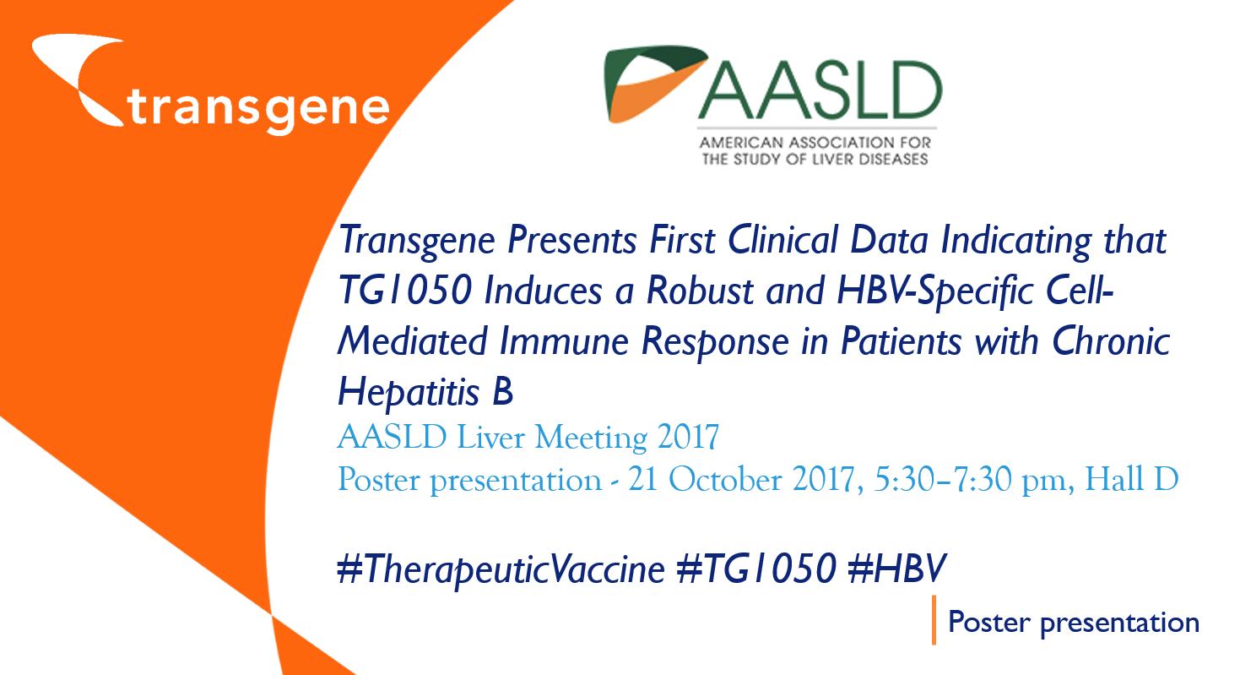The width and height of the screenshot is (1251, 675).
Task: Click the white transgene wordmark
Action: pyautogui.click(x=258, y=110)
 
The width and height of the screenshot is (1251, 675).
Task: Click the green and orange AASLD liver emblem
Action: pyautogui.click(x=654, y=84)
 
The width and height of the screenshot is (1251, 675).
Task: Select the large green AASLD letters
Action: pyautogui.click(x=820, y=90)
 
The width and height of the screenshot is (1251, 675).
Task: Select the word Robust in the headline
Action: pyautogui.click(x=701, y=291)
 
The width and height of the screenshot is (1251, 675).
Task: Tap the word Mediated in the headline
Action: pyautogui.click(x=412, y=340)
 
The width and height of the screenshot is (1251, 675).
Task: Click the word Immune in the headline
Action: pyautogui.click(x=564, y=341)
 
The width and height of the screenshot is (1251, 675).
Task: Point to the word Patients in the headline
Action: pyautogui.click(x=901, y=340)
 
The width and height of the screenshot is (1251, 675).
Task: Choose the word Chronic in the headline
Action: pyautogui.click(x=1111, y=340)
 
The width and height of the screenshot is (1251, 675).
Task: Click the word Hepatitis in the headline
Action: pyautogui.click(x=409, y=392)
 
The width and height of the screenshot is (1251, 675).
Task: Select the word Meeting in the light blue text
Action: pyautogui.click(x=591, y=438)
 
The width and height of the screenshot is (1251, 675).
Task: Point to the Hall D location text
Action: pyautogui.click(x=1131, y=480)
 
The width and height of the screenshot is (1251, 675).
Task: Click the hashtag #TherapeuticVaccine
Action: pyautogui.click(x=501, y=569)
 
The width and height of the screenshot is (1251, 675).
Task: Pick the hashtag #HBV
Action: pyautogui.click(x=897, y=569)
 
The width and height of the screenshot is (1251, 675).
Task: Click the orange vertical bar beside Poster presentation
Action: pyautogui.click(x=934, y=620)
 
